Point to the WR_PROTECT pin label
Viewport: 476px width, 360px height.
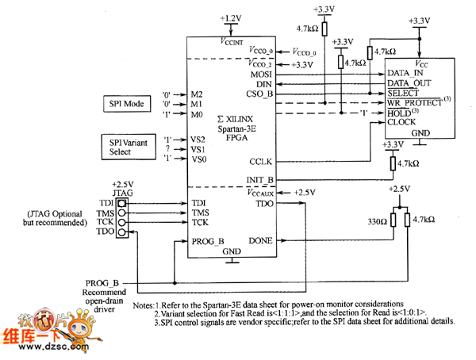point(416,102)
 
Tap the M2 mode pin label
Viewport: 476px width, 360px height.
point(197,93)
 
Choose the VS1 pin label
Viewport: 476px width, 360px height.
point(198,148)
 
